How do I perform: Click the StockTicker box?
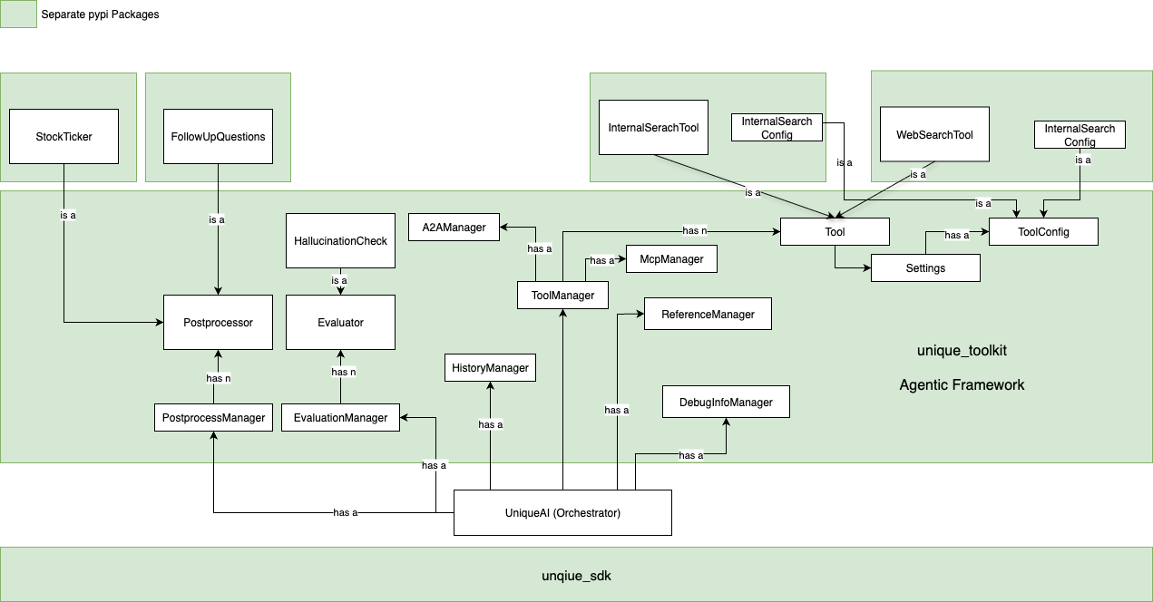[x=64, y=136]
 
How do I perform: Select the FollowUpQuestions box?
[x=218, y=136]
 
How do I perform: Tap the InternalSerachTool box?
[x=653, y=127]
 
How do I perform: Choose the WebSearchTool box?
[x=934, y=134]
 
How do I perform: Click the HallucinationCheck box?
[x=340, y=240]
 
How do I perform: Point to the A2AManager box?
[x=454, y=227]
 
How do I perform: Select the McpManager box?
[x=671, y=258]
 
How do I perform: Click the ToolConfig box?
[x=1043, y=231]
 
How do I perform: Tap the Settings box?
[x=925, y=267]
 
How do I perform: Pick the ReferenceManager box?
[x=708, y=314]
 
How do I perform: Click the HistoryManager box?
[x=490, y=367]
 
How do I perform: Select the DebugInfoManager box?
[x=726, y=402]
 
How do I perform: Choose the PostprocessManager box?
[x=213, y=417]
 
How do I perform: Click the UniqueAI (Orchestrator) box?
[x=562, y=512]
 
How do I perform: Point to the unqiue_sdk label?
[x=576, y=575]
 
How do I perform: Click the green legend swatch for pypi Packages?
[x=18, y=14]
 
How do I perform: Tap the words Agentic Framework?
[x=962, y=384]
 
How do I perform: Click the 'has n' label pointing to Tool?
[x=697, y=230]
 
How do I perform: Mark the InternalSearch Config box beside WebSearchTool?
[x=1080, y=135]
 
